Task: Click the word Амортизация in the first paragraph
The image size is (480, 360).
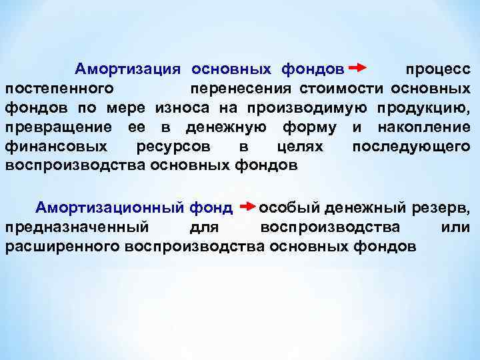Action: coord(129,69)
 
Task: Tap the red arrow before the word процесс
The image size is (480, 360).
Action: coord(357,68)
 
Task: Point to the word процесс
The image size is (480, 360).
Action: coord(435,70)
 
